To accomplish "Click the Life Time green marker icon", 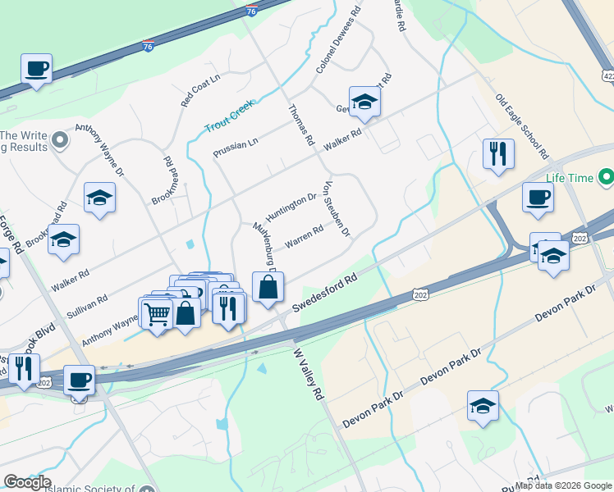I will point(606,177).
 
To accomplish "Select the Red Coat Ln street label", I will point(201,90).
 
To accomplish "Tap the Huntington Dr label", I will point(291,203).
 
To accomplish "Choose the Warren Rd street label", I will point(304,236).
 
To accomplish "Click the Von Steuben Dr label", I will point(338,209).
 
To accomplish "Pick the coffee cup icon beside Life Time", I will point(538,198).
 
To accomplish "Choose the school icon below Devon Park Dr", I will point(483,405).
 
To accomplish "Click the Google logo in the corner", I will point(27,482).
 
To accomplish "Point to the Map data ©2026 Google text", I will point(563,485).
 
